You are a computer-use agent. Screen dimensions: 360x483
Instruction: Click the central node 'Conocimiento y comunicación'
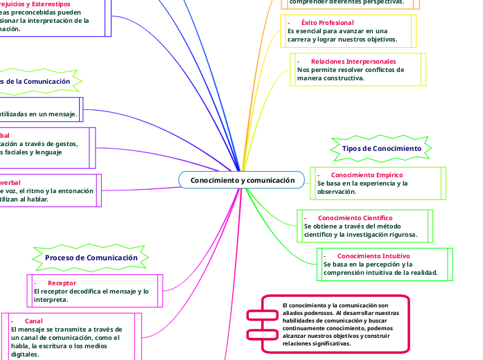[242, 181]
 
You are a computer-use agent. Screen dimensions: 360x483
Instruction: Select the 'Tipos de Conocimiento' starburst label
[381, 149]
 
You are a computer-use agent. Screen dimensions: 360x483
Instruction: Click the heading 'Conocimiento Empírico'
[367, 175]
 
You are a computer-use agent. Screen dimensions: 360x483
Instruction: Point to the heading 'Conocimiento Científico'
[355, 218]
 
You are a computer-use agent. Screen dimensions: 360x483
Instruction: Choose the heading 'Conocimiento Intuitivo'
[374, 256]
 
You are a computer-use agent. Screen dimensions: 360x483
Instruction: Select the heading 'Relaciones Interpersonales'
[353, 62]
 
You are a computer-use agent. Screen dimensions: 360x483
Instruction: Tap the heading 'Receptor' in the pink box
[62, 283]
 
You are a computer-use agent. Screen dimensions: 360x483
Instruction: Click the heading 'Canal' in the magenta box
[33, 321]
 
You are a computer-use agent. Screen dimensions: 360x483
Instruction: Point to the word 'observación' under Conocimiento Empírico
[337, 192]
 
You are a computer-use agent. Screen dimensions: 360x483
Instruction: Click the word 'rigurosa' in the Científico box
[414, 235]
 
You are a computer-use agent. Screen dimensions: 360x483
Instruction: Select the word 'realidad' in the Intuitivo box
[420, 273]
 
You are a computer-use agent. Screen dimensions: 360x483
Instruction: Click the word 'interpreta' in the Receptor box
[50, 300]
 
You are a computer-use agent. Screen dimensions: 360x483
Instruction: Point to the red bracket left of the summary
[254, 315]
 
